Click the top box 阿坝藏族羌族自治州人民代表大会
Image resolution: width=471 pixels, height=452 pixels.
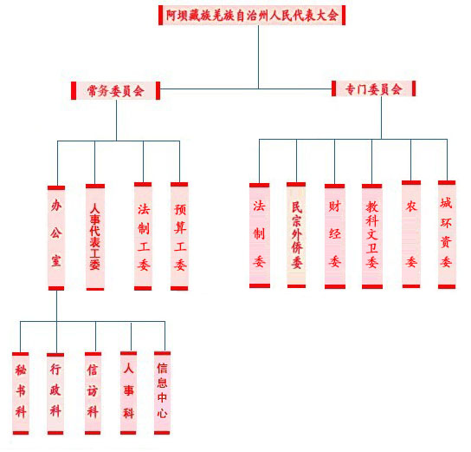pyautogui.click(x=252, y=15)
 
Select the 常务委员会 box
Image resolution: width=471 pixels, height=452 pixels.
pyautogui.click(x=116, y=90)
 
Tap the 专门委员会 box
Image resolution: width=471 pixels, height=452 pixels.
pyautogui.click(x=374, y=88)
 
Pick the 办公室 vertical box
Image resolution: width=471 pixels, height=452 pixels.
pyautogui.click(x=56, y=238)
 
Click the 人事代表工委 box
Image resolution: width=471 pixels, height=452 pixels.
pyautogui.click(x=95, y=237)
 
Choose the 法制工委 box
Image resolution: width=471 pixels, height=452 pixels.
pyautogui.click(x=143, y=236)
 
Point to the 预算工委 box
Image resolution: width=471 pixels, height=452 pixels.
pyautogui.click(x=179, y=236)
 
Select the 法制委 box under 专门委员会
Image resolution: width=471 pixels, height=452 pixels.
pyautogui.click(x=260, y=235)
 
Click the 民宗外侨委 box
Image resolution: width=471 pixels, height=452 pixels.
pyautogui.click(x=296, y=235)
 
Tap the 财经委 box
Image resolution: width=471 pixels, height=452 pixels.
pyautogui.click(x=334, y=236)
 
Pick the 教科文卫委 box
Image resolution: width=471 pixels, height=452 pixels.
pyautogui.click(x=372, y=236)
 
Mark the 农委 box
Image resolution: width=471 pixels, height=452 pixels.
pyautogui.click(x=411, y=234)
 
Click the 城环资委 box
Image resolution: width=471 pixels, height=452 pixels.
pyautogui.click(x=447, y=235)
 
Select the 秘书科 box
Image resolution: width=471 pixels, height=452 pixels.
pyautogui.click(x=21, y=393)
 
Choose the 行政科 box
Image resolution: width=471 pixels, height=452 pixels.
pyautogui.click(x=55, y=394)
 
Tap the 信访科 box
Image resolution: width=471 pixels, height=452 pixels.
pyautogui.click(x=93, y=393)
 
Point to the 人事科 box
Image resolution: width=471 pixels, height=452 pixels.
pyautogui.click(x=128, y=393)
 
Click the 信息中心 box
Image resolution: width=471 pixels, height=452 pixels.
pyautogui.click(x=162, y=393)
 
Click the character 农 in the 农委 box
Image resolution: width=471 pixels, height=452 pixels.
pyautogui.click(x=411, y=206)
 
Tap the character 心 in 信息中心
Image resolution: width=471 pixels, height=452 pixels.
pyautogui.click(x=162, y=413)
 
